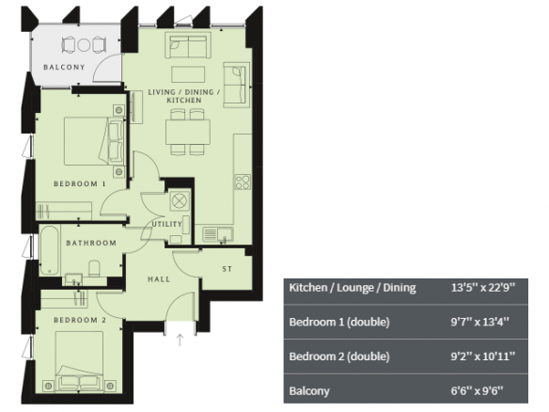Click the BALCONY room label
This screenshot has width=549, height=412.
click(64, 67)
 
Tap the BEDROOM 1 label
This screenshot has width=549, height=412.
click(80, 183)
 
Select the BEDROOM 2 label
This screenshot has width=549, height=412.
click(80, 320)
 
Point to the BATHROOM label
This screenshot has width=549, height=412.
click(91, 243)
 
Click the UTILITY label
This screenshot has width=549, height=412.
click(166, 224)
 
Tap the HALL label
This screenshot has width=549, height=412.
click(159, 279)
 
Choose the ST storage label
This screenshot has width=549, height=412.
click(227, 269)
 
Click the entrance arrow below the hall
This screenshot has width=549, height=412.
click(180, 340)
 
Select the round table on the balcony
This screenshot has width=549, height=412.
click(84, 45)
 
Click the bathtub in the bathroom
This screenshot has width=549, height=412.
click(50, 250)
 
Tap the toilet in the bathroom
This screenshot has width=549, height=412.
click(94, 268)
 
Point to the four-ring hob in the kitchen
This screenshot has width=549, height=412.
click(243, 182)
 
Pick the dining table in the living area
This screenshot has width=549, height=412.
click(188, 132)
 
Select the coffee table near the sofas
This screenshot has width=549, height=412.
click(188, 74)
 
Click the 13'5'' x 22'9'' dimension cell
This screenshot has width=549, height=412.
click(483, 288)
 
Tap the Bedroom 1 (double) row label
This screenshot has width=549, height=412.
click(339, 322)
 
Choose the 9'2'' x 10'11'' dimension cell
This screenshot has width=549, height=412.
click(483, 357)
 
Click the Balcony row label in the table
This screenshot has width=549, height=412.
click(309, 391)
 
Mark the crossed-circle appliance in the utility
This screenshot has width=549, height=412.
click(180, 201)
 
